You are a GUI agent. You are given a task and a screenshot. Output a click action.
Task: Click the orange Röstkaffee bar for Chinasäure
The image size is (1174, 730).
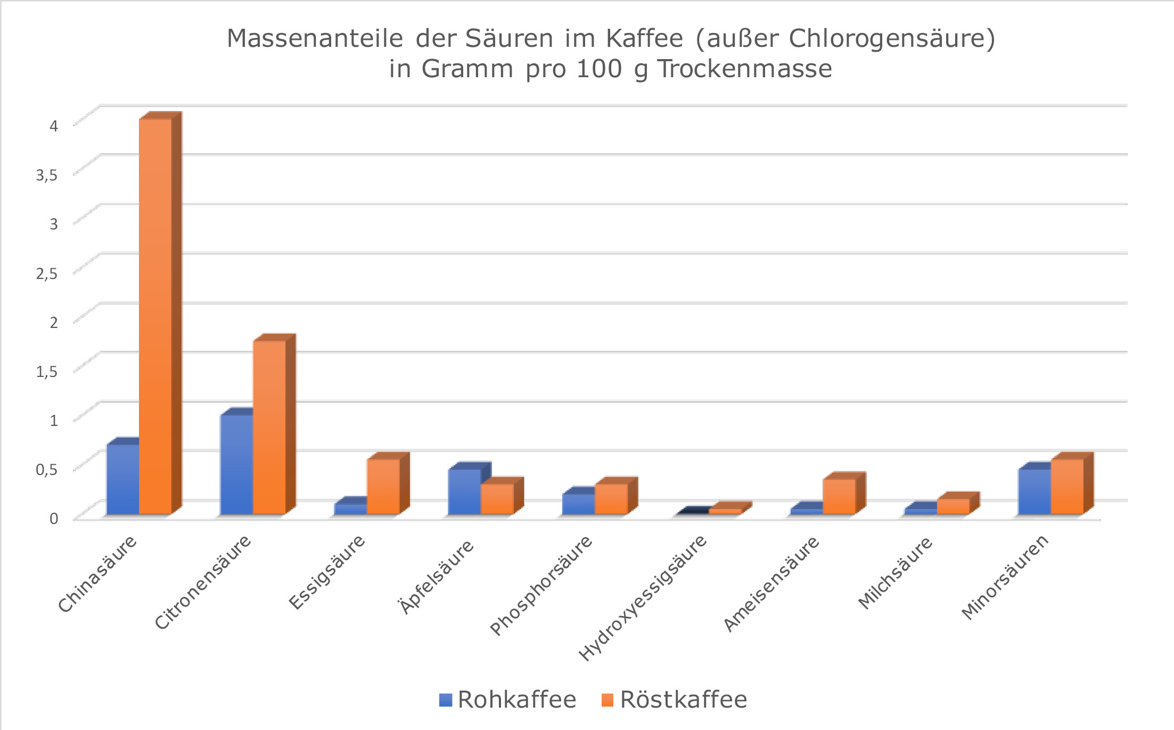coord(155,317)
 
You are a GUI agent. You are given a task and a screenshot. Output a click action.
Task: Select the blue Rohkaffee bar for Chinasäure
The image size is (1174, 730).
coord(122,479)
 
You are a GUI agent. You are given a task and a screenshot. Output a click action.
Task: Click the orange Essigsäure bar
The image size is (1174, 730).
coord(383,487)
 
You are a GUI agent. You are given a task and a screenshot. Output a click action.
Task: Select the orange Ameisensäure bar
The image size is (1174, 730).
coord(839,496)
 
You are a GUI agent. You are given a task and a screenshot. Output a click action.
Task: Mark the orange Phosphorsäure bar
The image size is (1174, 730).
coord(611,499)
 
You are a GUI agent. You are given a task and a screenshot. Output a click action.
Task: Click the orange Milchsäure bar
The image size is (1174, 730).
coord(953,506)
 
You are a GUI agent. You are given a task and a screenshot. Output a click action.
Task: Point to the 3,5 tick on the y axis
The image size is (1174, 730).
coord(46,175)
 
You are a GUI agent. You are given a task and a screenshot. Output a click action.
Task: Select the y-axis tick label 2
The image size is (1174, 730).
coord(53,322)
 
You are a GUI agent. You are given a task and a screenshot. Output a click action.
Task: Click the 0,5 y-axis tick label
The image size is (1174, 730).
coord(46,469)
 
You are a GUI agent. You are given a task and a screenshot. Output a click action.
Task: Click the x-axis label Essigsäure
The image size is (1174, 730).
coord(327,572)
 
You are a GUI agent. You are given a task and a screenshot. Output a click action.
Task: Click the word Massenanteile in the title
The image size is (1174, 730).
coord(315,38)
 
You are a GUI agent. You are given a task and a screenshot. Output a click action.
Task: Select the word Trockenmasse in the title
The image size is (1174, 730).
coord(744,69)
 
